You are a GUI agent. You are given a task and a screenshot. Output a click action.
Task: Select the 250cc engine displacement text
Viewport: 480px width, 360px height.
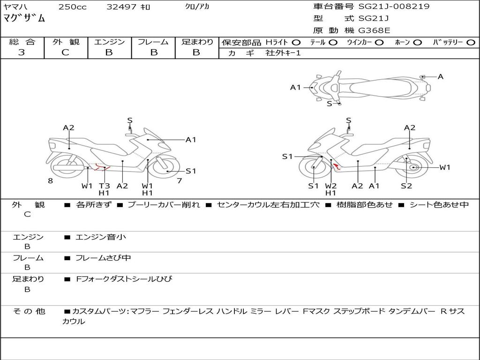click(x=72, y=7)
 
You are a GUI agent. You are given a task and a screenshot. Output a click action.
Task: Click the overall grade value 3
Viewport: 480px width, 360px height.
click(x=22, y=52)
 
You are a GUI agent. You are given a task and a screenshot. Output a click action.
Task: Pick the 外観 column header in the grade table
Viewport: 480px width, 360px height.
click(x=66, y=42)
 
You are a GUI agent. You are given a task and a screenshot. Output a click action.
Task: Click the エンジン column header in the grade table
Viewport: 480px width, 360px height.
click(x=109, y=42)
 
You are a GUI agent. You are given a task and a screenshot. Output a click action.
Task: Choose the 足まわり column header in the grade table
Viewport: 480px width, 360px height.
click(x=197, y=42)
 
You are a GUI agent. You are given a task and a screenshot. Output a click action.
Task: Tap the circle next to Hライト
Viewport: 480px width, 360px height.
click(x=296, y=42)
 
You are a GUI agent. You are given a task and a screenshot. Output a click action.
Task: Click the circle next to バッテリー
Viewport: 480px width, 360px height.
click(x=471, y=42)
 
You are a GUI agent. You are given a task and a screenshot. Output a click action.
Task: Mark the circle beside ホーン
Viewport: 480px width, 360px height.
click(x=417, y=42)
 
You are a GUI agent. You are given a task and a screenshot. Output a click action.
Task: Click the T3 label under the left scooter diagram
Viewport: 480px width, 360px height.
click(x=104, y=186)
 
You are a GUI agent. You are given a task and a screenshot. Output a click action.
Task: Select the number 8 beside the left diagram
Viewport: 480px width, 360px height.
click(x=50, y=181)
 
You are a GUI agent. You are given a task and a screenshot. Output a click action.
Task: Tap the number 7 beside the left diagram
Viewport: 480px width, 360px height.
click(x=179, y=181)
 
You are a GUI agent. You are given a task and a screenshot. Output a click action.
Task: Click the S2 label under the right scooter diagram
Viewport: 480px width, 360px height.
click(x=406, y=186)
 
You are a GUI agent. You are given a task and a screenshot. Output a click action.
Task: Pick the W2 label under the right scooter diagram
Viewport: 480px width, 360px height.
click(x=331, y=186)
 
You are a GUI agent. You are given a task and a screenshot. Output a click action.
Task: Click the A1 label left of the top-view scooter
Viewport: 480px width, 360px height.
click(x=295, y=87)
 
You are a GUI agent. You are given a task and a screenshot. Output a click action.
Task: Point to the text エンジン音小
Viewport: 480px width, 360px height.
click(x=101, y=237)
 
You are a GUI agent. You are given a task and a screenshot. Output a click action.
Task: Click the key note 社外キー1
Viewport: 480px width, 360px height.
click(x=283, y=53)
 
